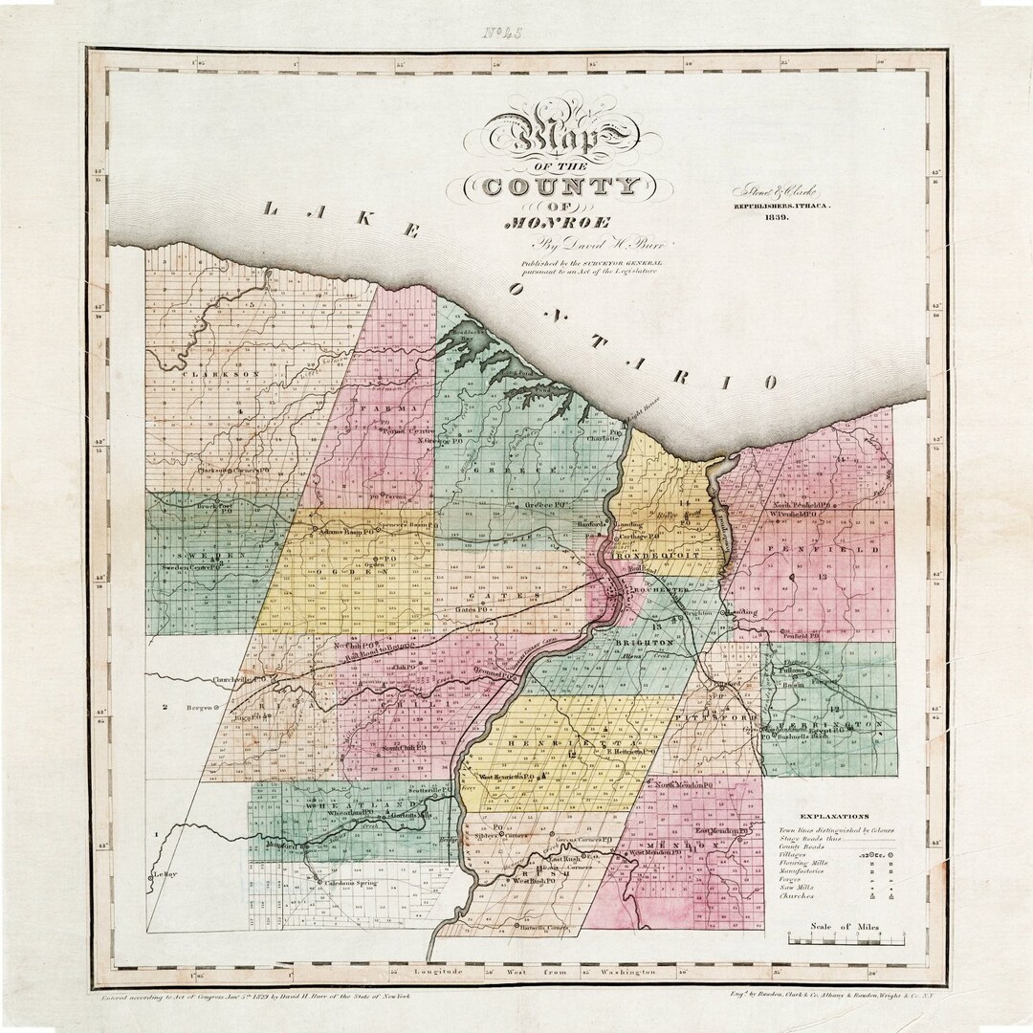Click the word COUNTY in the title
pos(560,186)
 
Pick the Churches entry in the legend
pos(797,896)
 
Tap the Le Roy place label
pos(165,874)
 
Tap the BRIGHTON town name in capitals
pos(648,644)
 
